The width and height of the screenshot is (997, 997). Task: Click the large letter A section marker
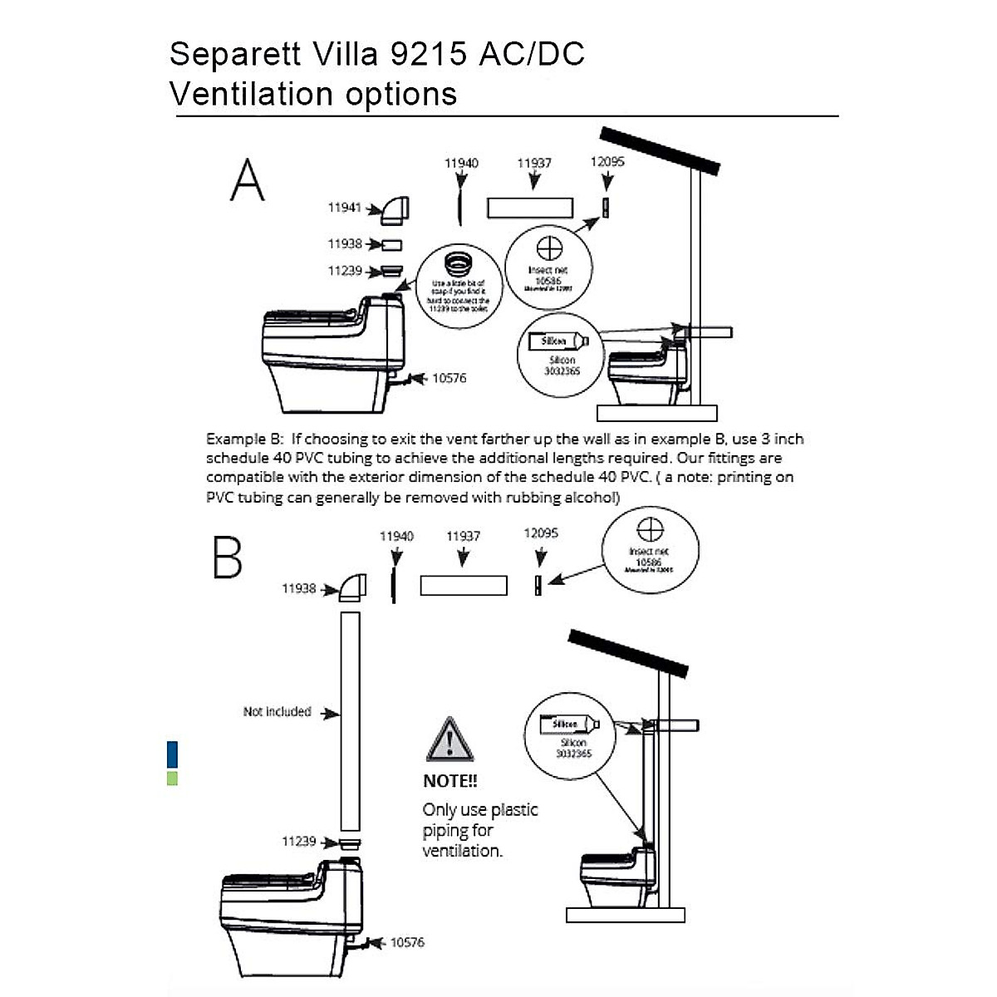coord(248,180)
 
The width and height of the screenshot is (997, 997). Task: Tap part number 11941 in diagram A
coord(344,208)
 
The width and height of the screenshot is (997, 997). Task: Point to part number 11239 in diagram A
coord(344,271)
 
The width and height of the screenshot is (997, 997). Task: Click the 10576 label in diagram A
coord(449,378)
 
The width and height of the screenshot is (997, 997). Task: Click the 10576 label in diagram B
coord(407,942)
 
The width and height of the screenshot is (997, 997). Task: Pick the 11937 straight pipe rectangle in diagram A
coord(529,208)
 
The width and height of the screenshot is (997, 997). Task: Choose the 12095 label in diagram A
coord(607,161)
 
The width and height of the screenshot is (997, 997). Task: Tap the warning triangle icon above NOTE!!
coord(449,740)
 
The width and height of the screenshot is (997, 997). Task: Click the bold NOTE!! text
coord(450,781)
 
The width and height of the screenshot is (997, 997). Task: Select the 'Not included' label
coord(277,712)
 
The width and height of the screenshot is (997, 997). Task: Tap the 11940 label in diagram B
coord(396,536)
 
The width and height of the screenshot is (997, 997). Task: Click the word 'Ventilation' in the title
coord(253,94)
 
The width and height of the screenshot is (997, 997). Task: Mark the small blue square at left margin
coord(172,754)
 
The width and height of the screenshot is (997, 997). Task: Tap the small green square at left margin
coord(172,778)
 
